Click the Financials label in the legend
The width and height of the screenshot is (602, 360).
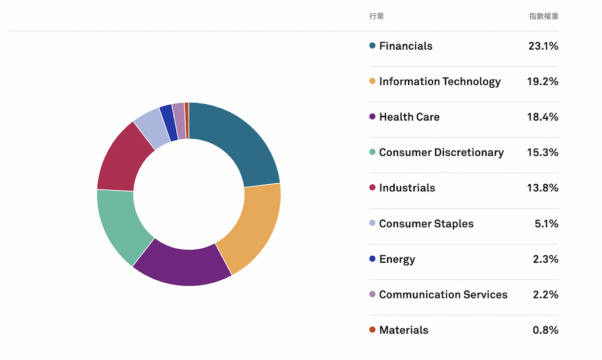pos(405,46)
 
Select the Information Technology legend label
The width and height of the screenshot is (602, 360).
pos(440,81)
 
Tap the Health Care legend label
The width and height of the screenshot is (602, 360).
pos(409,117)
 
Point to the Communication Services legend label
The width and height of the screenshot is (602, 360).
pos(443,294)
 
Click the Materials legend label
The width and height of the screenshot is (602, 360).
pos(403,330)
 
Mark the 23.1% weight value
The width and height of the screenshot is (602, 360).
pos(543,46)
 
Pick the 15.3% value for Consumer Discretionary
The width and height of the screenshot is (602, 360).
pos(543,152)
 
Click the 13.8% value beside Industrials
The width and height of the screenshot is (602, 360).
pos(543,188)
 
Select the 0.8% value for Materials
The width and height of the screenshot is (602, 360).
pos(545,330)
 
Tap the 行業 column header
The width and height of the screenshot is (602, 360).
pos(377,16)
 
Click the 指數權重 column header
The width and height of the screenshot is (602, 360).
pos(543,16)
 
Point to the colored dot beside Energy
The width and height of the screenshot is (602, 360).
pos(372,259)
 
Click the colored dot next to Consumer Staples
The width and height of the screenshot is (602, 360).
pos(372,224)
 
